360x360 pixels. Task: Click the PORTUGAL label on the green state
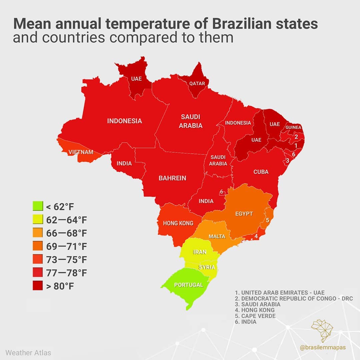(188, 285)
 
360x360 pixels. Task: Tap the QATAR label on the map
(197, 83)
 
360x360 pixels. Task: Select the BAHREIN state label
(172, 178)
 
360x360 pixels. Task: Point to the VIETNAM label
(81, 152)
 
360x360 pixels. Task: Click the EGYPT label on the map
(244, 214)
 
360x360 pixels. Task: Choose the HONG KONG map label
(178, 223)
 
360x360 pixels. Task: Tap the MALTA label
(217, 237)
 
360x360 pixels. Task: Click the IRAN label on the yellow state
(200, 252)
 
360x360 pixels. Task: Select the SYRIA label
(206, 267)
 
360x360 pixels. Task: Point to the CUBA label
(261, 172)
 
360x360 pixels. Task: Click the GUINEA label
(293, 127)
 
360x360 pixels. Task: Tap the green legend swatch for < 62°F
(38, 207)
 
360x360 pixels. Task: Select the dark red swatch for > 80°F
(38, 286)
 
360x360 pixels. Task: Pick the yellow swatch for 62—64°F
(38, 220)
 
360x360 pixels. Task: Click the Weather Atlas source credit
(28, 352)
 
